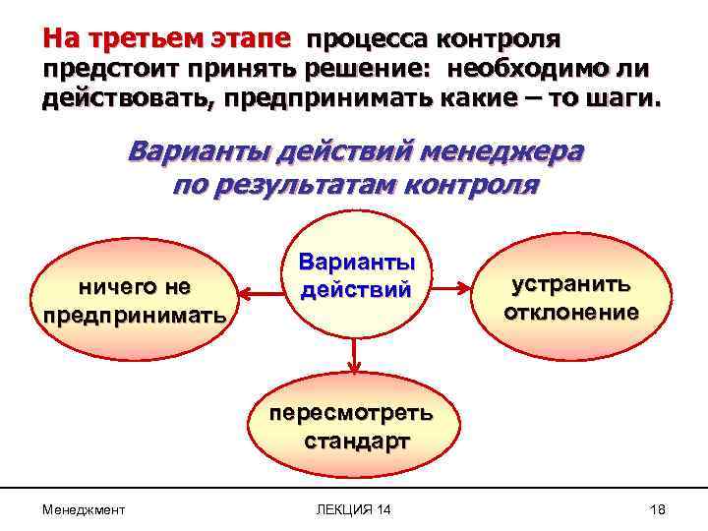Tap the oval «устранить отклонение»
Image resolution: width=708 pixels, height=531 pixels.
pos(571,298)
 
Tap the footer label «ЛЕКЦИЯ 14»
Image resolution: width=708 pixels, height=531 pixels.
pos(353,508)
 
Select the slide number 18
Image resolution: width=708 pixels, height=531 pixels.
pos(658,508)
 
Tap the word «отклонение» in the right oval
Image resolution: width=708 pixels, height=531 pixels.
pos(571,313)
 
